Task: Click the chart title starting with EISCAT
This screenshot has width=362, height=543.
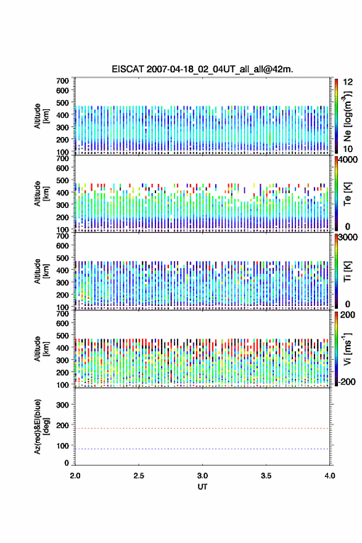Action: [202, 69]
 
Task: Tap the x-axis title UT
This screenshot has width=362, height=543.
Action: [202, 487]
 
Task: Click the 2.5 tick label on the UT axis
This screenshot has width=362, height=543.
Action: [139, 476]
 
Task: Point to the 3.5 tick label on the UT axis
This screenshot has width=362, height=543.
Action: [266, 476]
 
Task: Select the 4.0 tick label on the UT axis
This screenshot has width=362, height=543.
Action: [329, 476]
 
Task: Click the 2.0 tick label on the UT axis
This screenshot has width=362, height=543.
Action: [75, 476]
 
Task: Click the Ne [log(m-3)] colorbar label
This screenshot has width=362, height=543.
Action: [347, 117]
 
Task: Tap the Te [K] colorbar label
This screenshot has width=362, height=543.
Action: [347, 194]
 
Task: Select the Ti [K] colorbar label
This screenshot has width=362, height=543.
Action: [347, 271]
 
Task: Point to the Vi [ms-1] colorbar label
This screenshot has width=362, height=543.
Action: [347, 349]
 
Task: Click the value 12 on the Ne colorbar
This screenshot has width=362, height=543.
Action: [348, 81]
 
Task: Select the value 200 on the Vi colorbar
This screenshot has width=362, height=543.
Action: [347, 315]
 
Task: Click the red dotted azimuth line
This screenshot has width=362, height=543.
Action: [202, 428]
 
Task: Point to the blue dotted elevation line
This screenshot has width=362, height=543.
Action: [202, 449]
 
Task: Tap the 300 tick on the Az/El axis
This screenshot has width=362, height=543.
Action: [62, 405]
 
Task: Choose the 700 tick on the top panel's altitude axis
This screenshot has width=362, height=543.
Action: [62, 81]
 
